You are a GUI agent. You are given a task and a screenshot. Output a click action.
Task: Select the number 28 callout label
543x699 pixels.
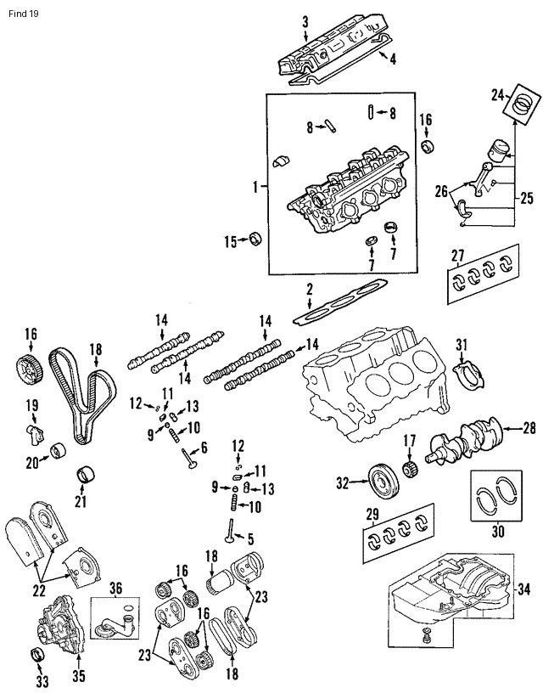529,428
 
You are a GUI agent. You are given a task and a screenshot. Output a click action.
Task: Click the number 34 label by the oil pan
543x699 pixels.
523,589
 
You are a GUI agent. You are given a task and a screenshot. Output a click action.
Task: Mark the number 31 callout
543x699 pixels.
462,344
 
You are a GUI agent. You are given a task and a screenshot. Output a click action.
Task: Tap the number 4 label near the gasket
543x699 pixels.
393,58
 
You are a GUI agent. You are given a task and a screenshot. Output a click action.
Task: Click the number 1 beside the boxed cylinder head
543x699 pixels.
255,184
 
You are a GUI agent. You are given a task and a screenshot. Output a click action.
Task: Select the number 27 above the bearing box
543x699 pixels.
458,256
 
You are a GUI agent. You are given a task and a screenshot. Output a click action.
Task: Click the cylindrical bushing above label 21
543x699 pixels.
83,472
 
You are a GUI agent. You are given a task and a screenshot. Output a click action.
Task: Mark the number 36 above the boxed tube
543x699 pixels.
115,587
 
